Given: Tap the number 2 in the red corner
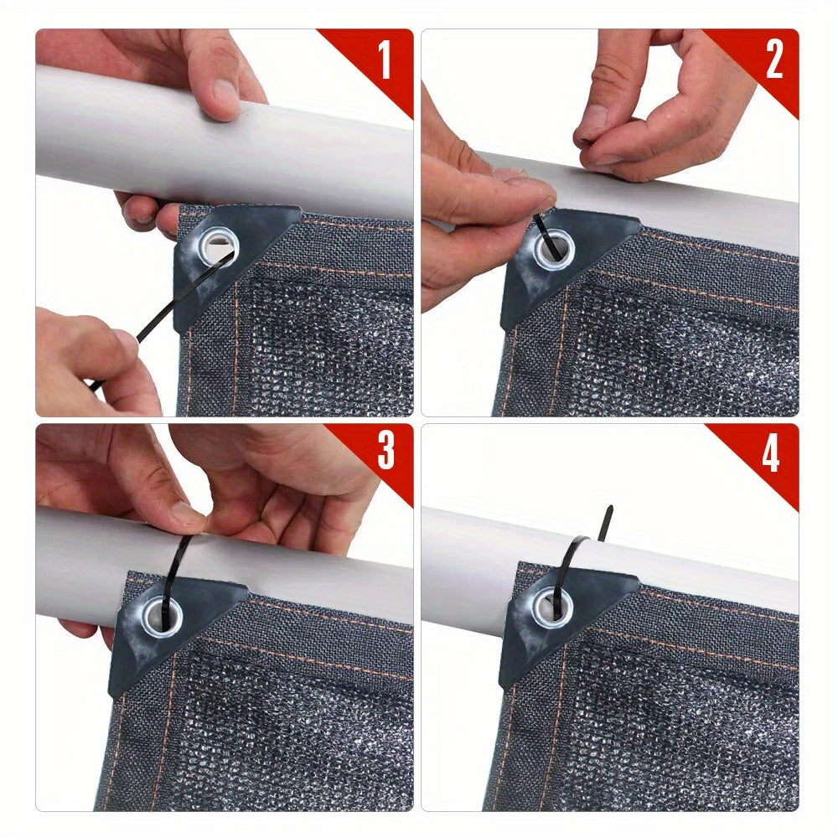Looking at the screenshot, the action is click(773, 59).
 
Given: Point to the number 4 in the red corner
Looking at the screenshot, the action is click(770, 453).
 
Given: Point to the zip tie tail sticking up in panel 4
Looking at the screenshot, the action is click(606, 523).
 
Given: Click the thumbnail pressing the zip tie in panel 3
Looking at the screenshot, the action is click(186, 515).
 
